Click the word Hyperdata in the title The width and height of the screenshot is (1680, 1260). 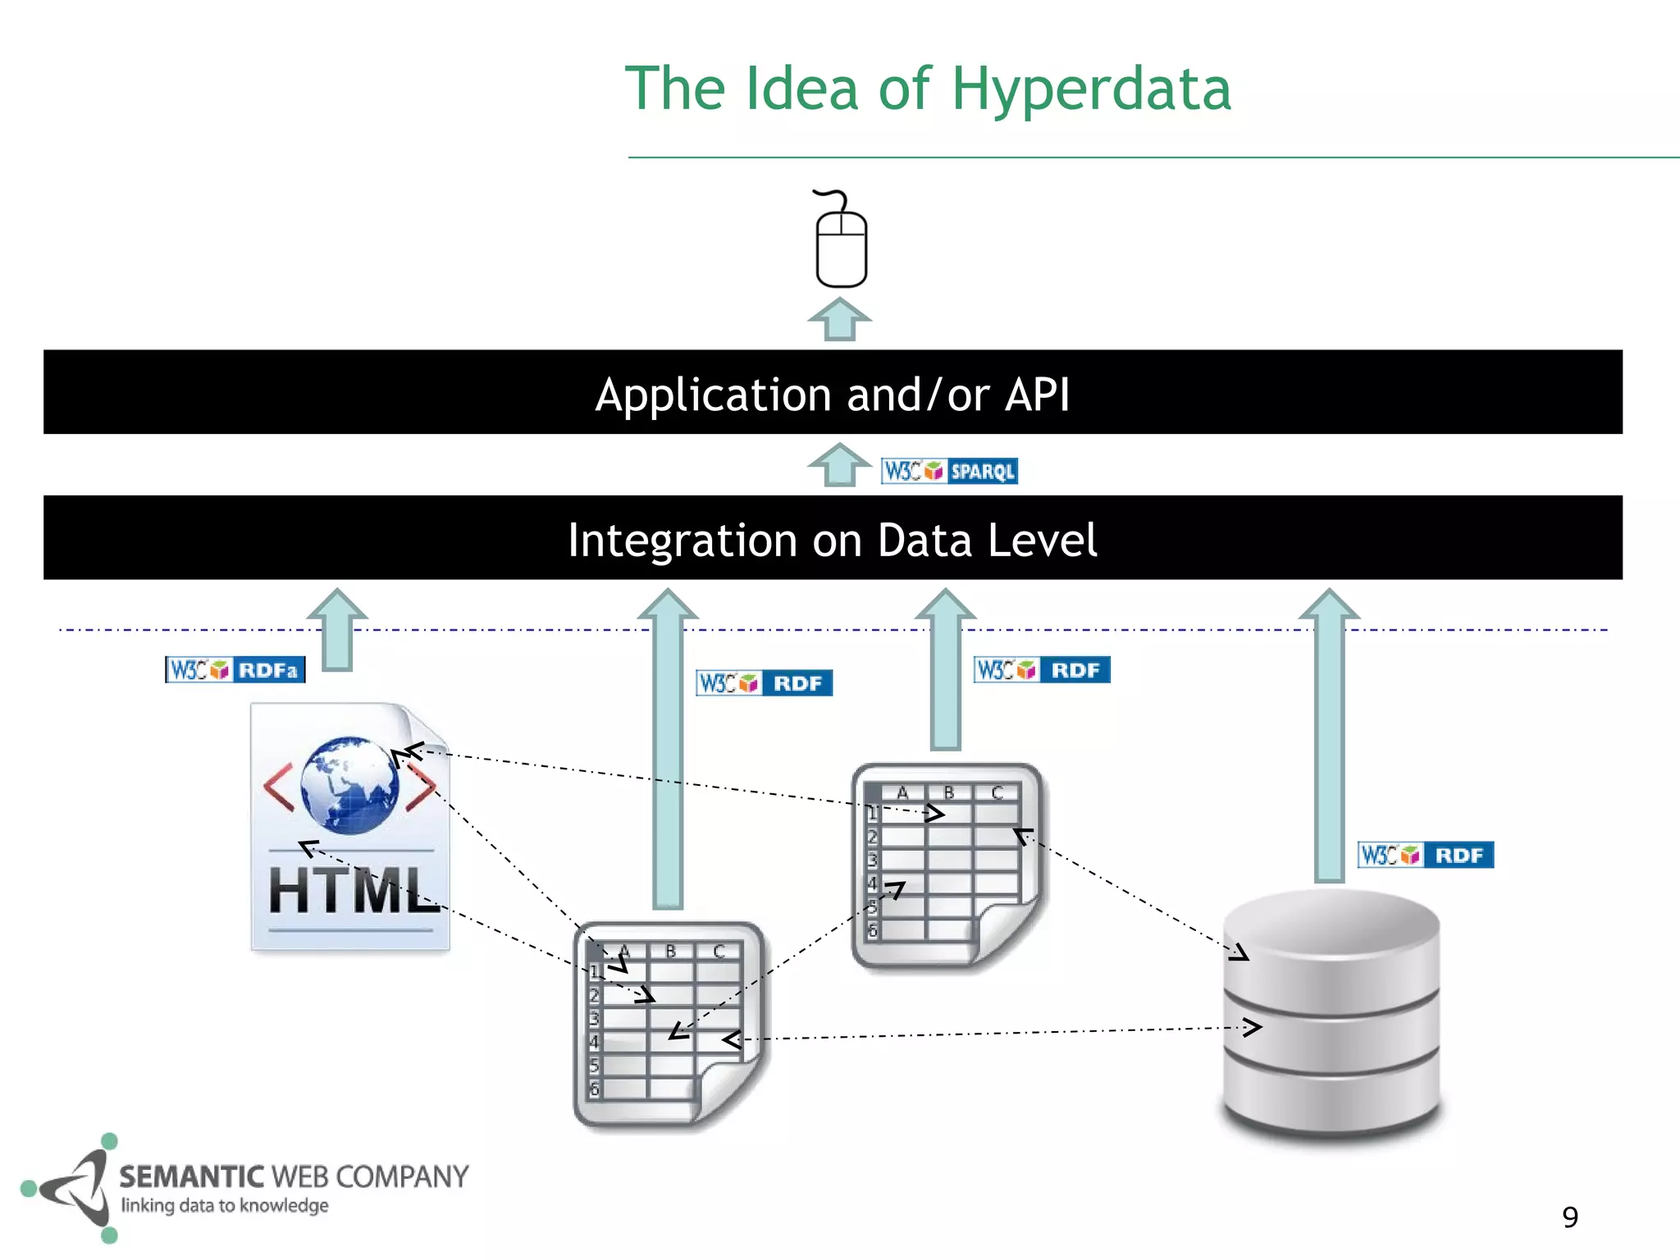click(1091, 90)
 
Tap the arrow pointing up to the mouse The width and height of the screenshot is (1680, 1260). click(839, 320)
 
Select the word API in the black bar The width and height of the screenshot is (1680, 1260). click(1037, 395)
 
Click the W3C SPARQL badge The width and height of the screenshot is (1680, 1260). click(949, 471)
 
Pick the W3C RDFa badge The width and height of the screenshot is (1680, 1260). click(235, 669)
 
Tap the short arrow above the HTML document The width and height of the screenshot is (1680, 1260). click(337, 628)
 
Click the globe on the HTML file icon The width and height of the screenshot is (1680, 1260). click(349, 785)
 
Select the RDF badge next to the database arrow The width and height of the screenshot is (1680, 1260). click(1425, 855)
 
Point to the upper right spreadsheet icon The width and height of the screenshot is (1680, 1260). click(947, 865)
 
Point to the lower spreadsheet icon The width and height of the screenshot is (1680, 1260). click(669, 1025)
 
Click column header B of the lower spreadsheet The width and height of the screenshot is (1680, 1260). click(670, 951)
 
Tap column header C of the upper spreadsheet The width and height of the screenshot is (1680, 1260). click(997, 792)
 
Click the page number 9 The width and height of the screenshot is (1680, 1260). click(1570, 1217)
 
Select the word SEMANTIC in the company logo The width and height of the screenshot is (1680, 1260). click(191, 1177)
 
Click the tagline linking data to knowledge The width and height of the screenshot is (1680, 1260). click(225, 1206)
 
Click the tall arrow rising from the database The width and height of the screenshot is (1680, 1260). click(1330, 738)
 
